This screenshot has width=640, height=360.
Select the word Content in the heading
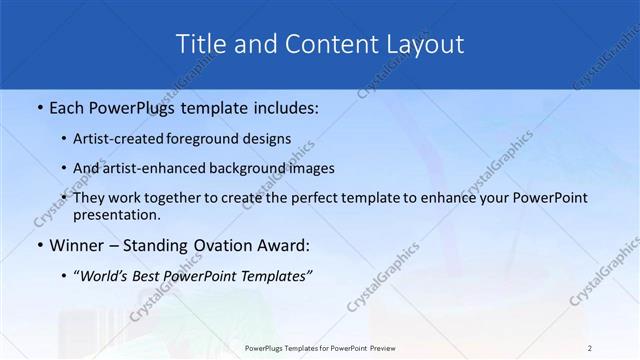327,44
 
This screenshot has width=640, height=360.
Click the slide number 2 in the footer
590,347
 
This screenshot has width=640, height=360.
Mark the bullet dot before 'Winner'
39,245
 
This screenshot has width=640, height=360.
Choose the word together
173,198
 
